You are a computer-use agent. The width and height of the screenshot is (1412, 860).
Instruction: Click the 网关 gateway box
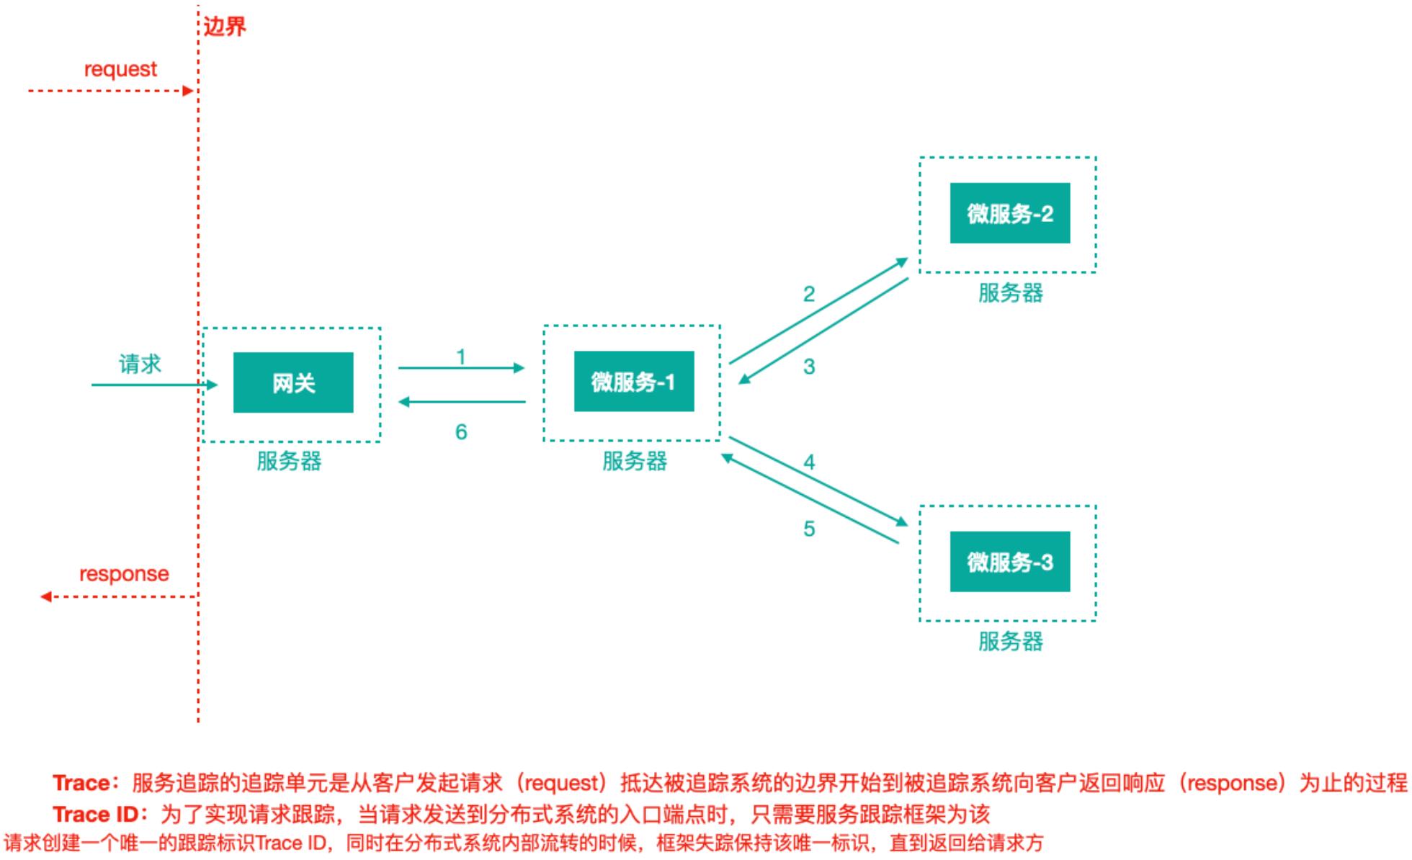click(293, 382)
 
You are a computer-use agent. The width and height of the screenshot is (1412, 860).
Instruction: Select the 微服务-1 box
click(634, 381)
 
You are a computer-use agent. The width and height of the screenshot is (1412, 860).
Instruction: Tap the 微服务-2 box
click(1010, 213)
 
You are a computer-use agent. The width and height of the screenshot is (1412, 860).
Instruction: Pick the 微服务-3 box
click(1010, 562)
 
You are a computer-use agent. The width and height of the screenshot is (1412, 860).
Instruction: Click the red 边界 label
click(225, 27)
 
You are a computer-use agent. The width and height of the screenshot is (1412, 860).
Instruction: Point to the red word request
click(120, 70)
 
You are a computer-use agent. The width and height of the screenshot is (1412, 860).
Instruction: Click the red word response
click(124, 574)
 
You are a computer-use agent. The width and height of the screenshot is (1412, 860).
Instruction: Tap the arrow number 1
click(461, 357)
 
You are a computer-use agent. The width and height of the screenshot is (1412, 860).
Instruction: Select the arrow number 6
click(461, 431)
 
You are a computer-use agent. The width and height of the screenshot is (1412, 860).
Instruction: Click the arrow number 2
click(809, 294)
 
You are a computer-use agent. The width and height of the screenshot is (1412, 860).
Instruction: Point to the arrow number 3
click(809, 367)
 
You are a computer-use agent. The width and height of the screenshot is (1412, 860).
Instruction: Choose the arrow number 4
click(809, 462)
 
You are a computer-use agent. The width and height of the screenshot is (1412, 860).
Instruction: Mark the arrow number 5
click(809, 529)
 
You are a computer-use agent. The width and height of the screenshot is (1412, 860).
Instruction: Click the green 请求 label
click(140, 364)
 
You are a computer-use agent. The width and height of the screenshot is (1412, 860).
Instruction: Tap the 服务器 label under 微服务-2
click(1010, 293)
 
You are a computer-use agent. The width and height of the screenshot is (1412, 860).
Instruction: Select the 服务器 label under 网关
click(289, 461)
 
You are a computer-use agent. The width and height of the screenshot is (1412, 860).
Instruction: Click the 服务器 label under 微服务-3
click(1010, 641)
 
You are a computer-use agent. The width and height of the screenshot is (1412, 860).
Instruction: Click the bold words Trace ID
click(96, 815)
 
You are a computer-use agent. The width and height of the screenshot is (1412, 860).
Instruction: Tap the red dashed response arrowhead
click(46, 596)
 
